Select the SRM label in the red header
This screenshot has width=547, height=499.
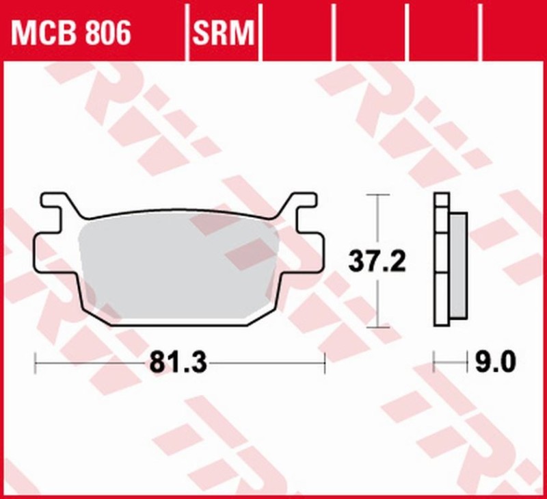224,32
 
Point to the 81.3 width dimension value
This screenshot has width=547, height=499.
178,361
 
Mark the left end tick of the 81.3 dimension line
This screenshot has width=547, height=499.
35,363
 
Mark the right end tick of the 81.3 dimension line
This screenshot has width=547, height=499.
325,363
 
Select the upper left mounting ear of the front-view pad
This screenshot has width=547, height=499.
57,203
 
